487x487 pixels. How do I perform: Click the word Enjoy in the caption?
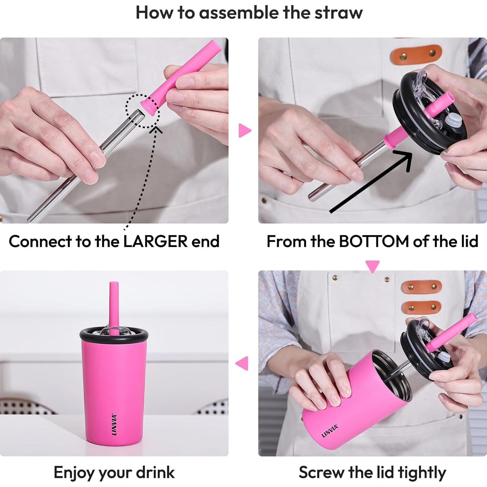coord(74,473)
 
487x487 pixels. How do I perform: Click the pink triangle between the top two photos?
coord(245,130)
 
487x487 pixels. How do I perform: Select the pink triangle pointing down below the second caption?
coord(372,266)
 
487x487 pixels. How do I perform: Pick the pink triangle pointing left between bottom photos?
coord(242,363)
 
